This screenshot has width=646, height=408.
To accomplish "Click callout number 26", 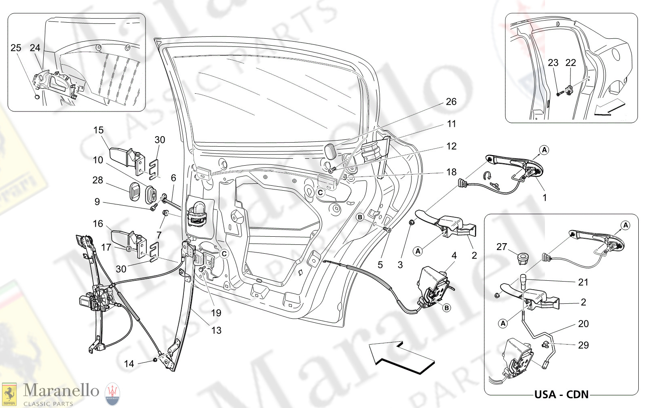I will click(451, 102).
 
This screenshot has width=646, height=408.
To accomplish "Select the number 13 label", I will click(216, 330).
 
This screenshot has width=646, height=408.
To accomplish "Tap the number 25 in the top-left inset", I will click(16, 48).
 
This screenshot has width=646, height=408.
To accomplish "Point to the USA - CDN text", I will click(561, 394).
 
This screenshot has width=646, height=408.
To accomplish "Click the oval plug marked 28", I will click(135, 191).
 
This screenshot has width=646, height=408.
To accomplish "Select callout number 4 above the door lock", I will click(454, 255).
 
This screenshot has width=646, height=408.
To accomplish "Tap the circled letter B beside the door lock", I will click(446, 308).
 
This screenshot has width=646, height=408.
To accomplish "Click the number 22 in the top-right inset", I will click(570, 63).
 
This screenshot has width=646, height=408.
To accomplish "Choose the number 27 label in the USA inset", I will click(501, 247).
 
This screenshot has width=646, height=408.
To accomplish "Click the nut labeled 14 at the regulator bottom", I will click(155, 360).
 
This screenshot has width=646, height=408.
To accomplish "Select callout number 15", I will click(98, 130).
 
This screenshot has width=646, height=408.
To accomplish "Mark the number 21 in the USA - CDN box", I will click(583, 282).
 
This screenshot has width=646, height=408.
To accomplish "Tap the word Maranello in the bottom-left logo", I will click(61, 390).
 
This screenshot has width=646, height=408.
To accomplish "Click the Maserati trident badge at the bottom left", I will click(112, 394).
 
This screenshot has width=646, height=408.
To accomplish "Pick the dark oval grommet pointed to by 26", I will click(330, 150).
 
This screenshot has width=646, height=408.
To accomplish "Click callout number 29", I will click(583, 345).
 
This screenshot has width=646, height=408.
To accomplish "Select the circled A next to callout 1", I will click(544, 150).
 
